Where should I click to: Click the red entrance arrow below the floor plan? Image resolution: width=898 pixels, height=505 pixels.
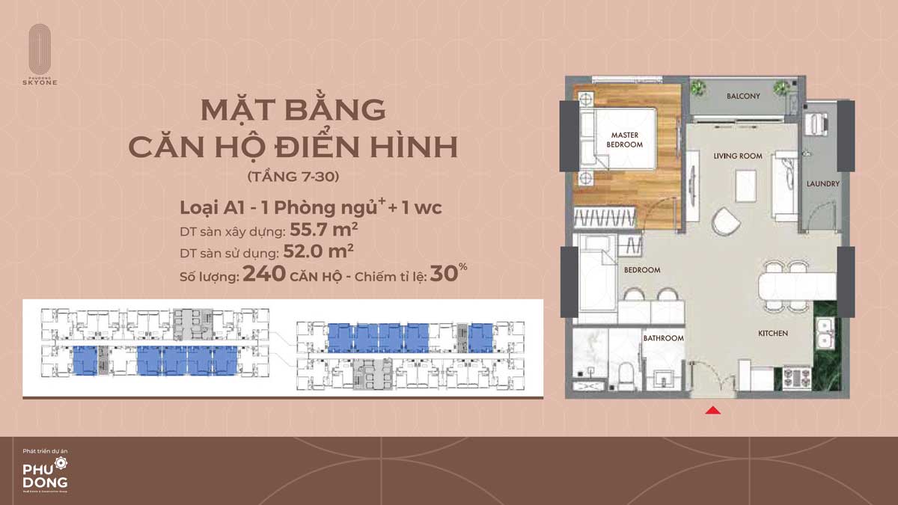coord(714,409)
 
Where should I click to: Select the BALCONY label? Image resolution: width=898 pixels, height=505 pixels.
coord(743,96)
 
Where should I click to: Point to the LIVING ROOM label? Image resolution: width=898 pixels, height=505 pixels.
coord(738,156)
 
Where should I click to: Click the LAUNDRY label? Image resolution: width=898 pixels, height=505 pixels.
coord(823,183)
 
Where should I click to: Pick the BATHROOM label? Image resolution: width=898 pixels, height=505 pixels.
coord(664,338)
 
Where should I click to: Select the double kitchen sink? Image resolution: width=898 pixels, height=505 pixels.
coord(825,333)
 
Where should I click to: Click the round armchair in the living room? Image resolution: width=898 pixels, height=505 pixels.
coord(724,221)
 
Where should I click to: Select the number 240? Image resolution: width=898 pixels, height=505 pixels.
coord(264,274)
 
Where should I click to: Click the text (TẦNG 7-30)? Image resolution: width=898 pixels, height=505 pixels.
coord(293,179)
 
